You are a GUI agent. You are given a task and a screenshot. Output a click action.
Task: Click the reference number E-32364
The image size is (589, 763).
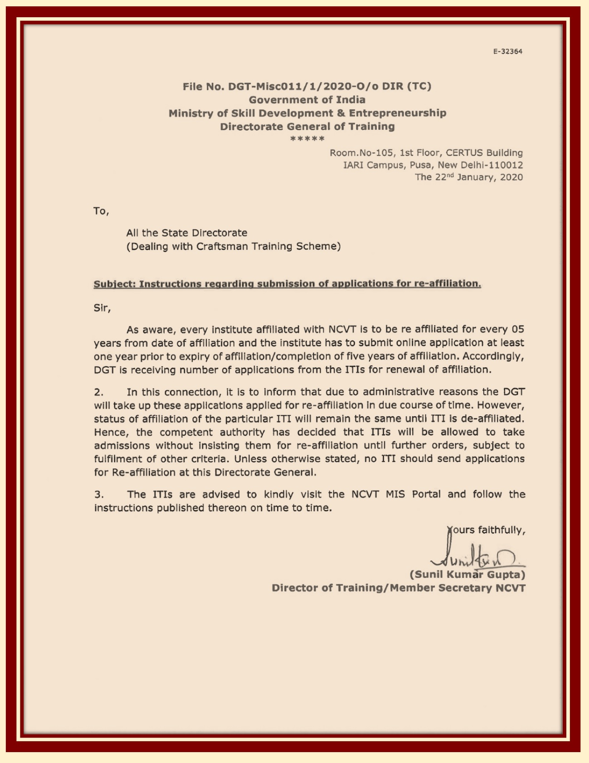click(x=507, y=52)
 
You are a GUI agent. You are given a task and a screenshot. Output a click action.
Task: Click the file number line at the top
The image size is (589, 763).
click(x=307, y=86)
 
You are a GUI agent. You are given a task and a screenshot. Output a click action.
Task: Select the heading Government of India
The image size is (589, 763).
click(x=307, y=100)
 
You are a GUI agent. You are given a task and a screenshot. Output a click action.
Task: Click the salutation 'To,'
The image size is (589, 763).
click(x=101, y=211)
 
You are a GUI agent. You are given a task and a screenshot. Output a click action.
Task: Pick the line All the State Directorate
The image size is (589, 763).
click(x=187, y=233)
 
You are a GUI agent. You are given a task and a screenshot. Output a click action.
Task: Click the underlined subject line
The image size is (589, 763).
click(x=287, y=284)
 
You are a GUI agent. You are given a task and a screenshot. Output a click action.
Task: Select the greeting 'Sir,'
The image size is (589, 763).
click(x=102, y=308)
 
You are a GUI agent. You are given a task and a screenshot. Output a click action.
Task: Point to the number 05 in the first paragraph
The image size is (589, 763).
click(x=518, y=329)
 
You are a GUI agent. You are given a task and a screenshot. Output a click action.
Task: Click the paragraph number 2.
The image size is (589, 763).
click(x=98, y=392)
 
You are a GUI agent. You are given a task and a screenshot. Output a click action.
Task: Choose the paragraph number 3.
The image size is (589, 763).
click(x=98, y=495)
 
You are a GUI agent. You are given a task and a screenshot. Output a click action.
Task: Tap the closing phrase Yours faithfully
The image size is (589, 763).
click(x=486, y=530)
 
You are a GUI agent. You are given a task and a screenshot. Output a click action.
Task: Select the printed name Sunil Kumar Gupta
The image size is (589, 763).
click(x=467, y=575)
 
